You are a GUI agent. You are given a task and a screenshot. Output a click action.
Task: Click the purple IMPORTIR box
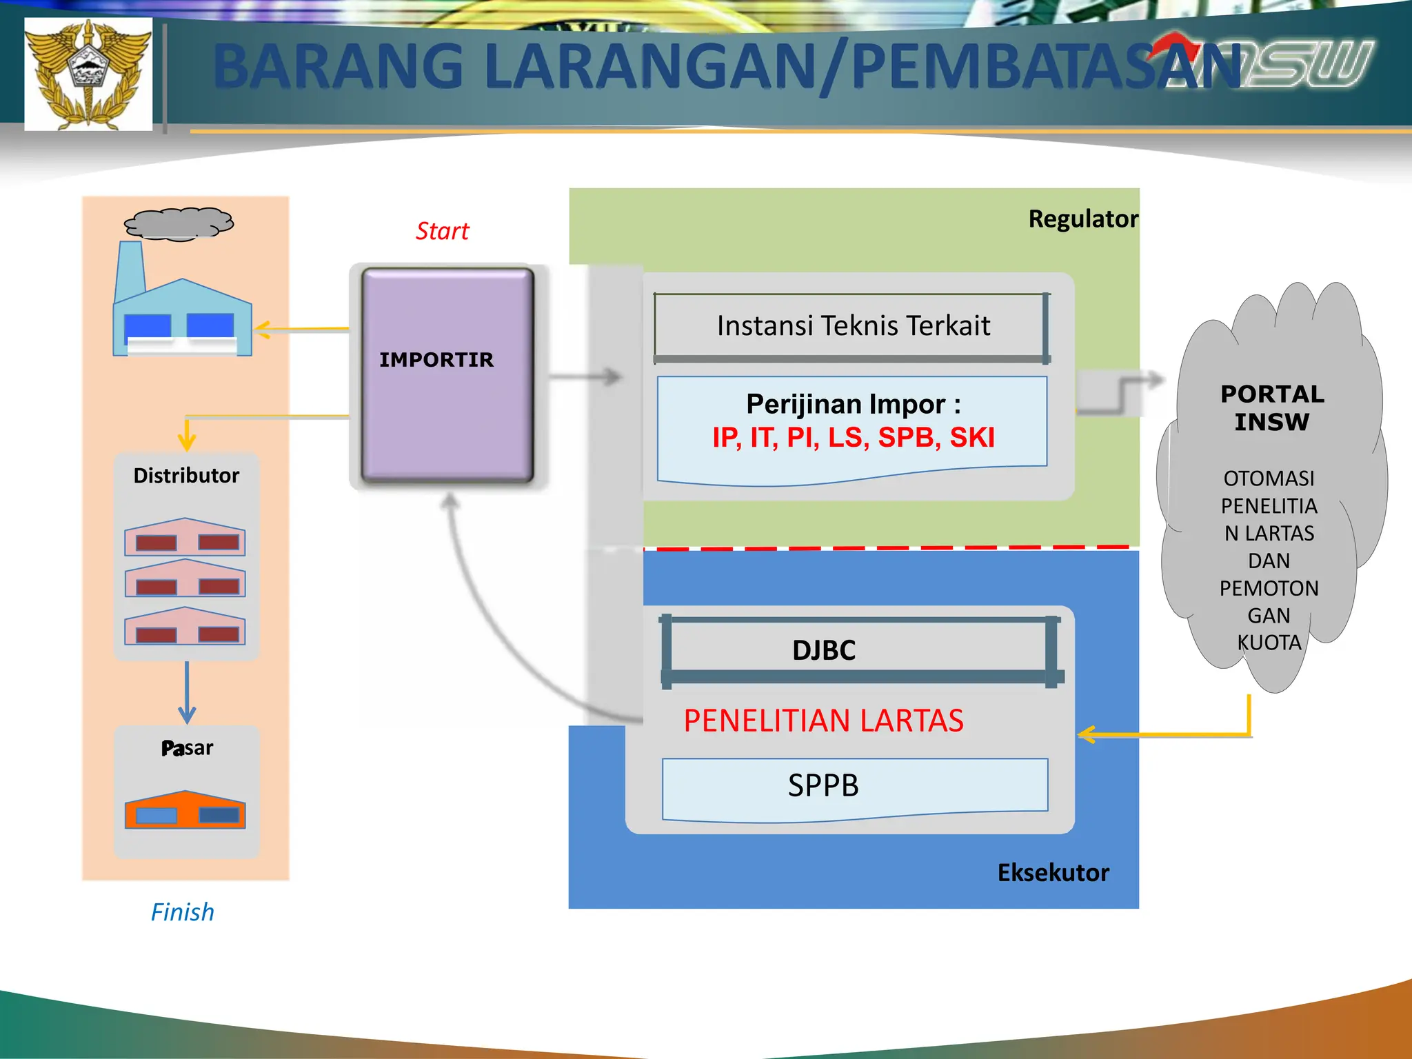[447, 376]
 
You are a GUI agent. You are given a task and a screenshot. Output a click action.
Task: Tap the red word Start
[442, 231]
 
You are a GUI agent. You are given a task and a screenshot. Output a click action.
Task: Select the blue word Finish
[182, 912]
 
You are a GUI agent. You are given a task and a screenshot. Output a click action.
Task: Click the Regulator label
[1082, 219]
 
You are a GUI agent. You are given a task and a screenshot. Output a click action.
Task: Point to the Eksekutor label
[1053, 873]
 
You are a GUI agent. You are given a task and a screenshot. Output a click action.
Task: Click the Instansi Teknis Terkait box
[852, 326]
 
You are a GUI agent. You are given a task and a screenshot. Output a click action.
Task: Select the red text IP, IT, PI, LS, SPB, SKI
[853, 437]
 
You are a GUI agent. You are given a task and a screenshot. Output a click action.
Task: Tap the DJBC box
[825, 650]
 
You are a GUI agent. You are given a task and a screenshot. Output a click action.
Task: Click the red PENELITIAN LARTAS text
[823, 720]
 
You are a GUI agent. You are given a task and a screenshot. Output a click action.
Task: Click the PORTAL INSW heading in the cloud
[1272, 407]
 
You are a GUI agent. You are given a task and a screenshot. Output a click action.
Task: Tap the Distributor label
[186, 476]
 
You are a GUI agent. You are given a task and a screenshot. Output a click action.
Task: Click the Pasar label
[187, 748]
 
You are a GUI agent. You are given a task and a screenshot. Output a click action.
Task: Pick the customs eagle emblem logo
[88, 74]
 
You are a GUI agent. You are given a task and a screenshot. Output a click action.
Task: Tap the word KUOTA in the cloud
[1269, 643]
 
